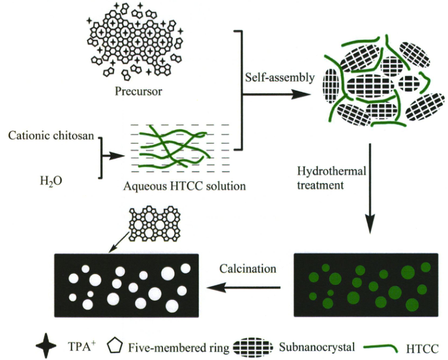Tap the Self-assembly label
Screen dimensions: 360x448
pos(280,78)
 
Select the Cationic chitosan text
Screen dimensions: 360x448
pos(49,135)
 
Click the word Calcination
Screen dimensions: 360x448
pos(248,268)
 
